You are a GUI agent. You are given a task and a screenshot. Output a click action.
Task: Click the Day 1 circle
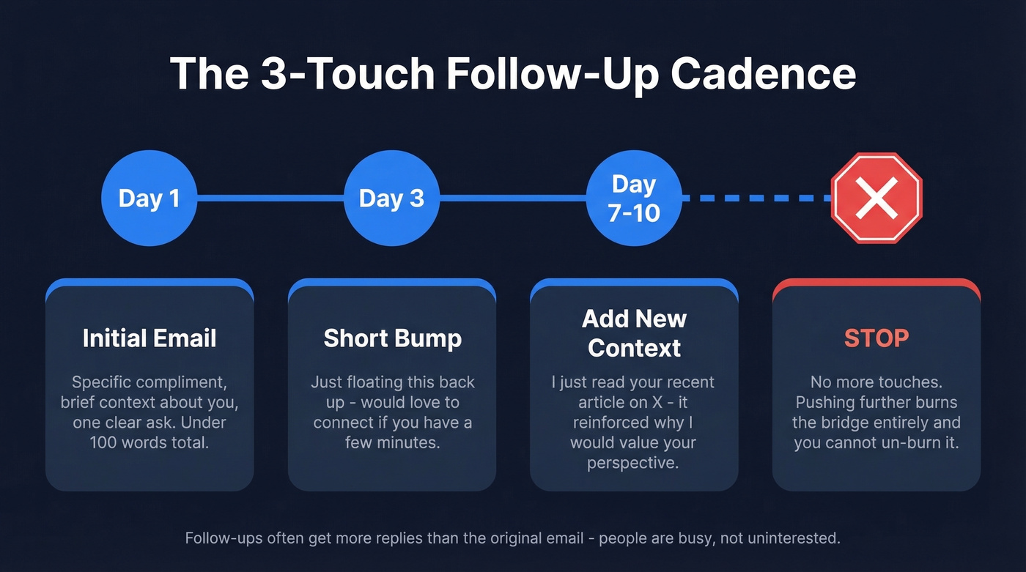coord(149,198)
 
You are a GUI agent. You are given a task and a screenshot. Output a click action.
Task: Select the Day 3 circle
coord(391,198)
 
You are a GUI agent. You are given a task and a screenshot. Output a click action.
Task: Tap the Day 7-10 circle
coord(634,198)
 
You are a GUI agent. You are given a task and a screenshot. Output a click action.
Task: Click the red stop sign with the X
coord(876,198)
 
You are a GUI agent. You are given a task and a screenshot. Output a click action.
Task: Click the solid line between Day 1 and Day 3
coord(270,198)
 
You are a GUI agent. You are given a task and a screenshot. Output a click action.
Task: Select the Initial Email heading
coord(150,338)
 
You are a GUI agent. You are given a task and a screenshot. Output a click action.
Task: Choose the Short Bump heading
coord(392,338)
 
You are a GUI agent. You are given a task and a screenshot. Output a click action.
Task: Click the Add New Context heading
coord(634,333)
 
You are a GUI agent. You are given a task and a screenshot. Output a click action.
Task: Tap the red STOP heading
coord(876,338)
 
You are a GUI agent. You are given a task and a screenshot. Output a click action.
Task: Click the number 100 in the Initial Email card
coord(105,442)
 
